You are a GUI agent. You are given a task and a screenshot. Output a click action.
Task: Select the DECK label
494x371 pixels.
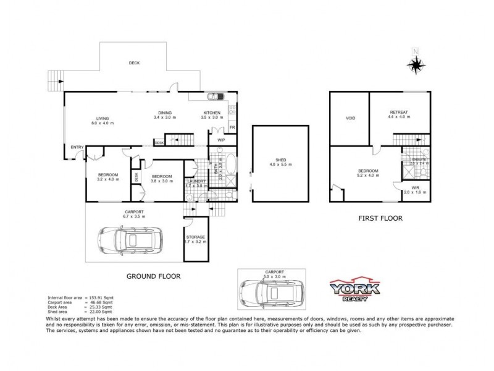(x=133, y=63)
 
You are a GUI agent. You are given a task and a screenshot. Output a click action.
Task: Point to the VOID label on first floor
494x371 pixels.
(x=350, y=117)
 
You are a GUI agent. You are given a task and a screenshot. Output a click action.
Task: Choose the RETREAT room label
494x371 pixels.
(x=398, y=112)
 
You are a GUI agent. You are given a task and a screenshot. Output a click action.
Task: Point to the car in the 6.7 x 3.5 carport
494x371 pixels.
(x=130, y=239)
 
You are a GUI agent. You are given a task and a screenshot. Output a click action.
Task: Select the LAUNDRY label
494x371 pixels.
(x=196, y=181)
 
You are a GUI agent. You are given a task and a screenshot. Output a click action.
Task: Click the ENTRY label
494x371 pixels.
(x=77, y=147)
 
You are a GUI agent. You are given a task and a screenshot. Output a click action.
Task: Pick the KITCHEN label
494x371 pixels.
(x=212, y=113)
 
